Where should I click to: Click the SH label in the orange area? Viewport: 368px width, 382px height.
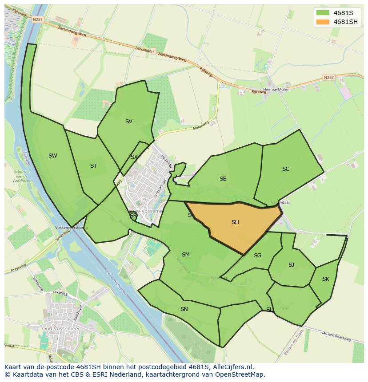pos(235,222)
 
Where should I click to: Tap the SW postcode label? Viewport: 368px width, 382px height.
pos(53,156)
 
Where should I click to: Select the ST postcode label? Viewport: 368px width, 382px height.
pos(93,166)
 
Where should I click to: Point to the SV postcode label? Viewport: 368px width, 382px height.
pos(129,121)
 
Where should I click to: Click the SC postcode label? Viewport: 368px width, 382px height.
pos(286,169)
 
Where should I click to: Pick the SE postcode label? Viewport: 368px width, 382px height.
pos(223,178)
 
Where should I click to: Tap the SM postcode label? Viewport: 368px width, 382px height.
pos(186,255)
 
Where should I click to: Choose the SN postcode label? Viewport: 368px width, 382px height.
pos(184,309)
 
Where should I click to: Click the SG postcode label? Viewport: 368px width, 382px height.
pos(258,255)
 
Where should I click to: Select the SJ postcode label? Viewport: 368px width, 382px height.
pos(291,265)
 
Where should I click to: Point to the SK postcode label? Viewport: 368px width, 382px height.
pos(326,279)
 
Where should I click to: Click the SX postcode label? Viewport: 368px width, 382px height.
pos(134,157)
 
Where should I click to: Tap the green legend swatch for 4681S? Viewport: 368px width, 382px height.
pos(323,13)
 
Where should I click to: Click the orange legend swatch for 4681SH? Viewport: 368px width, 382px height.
pos(323,22)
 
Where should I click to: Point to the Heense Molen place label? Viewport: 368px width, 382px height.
pos(276,89)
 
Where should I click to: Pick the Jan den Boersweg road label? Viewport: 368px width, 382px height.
pos(336,336)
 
